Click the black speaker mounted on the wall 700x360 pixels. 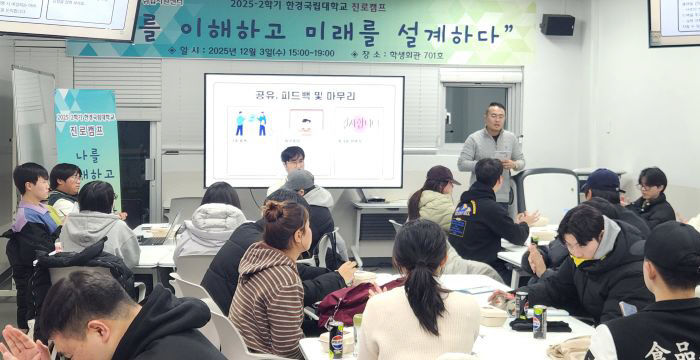click(x=557, y=25)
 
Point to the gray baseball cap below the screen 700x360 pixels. click(x=299, y=180)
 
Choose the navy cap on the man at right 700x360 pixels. click(x=603, y=180)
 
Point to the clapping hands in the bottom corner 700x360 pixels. click(x=20, y=345)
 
